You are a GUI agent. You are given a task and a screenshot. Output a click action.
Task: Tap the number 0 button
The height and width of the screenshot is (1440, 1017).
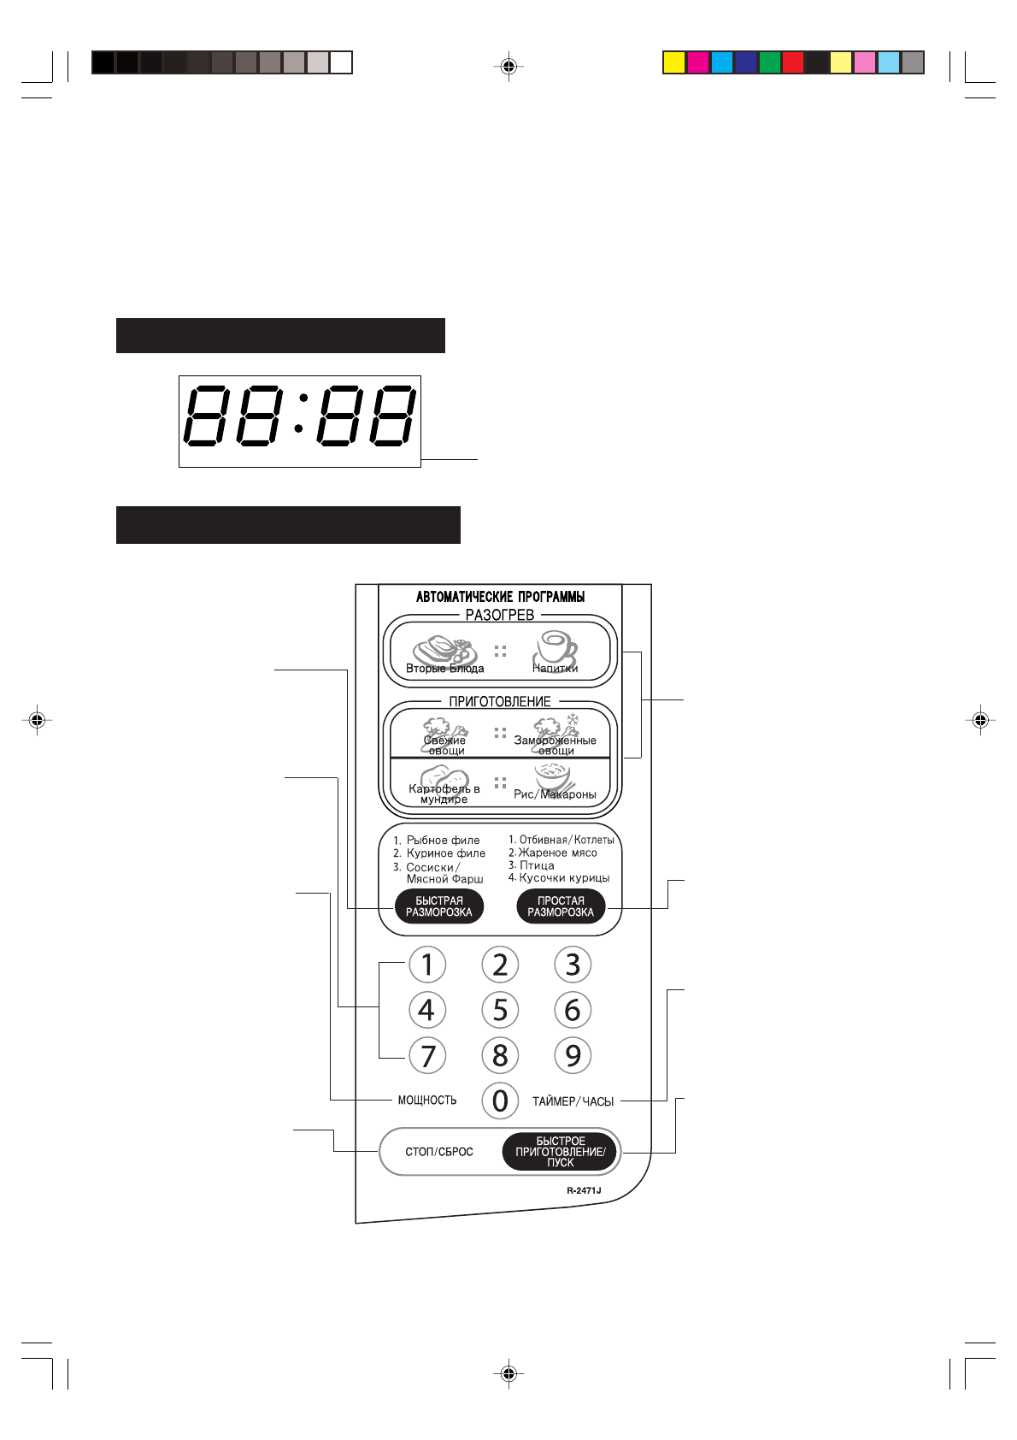point(500,1101)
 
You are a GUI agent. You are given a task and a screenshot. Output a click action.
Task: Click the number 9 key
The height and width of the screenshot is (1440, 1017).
point(573,1055)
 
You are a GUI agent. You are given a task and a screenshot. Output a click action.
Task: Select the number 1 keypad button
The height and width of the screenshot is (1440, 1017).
point(427,965)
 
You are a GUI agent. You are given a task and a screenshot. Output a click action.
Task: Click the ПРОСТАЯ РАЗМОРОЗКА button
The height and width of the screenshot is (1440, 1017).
point(561,906)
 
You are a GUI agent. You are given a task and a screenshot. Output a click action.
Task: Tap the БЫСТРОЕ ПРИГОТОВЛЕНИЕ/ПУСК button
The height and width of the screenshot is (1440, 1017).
point(560,1152)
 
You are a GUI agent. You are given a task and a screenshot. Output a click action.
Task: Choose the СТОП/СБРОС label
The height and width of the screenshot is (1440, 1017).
point(438,1152)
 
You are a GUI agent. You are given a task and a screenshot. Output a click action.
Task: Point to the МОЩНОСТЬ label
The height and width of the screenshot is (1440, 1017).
point(427,1101)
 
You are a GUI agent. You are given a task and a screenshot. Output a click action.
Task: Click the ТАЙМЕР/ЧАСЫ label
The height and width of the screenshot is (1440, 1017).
point(573,1101)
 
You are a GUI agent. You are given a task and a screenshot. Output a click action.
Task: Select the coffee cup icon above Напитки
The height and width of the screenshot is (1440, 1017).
point(556,647)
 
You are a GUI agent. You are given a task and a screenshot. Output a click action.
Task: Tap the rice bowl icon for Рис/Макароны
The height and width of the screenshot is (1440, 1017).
point(554,776)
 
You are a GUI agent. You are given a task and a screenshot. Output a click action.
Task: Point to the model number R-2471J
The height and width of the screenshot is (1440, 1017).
point(584,1190)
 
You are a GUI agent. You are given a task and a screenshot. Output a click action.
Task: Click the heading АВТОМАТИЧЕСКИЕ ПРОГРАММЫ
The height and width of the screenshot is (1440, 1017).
point(500,597)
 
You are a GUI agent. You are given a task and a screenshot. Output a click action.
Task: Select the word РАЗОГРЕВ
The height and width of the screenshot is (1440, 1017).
point(500,615)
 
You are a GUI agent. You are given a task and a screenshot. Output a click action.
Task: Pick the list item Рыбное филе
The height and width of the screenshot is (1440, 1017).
point(443,841)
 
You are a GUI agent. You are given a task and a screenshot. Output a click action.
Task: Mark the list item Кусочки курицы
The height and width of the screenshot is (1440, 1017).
point(564,878)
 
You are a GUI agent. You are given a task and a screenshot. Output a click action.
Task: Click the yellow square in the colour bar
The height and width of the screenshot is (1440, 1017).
point(674,62)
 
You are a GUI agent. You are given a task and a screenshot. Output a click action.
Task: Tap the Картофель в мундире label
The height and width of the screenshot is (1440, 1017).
point(444,794)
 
